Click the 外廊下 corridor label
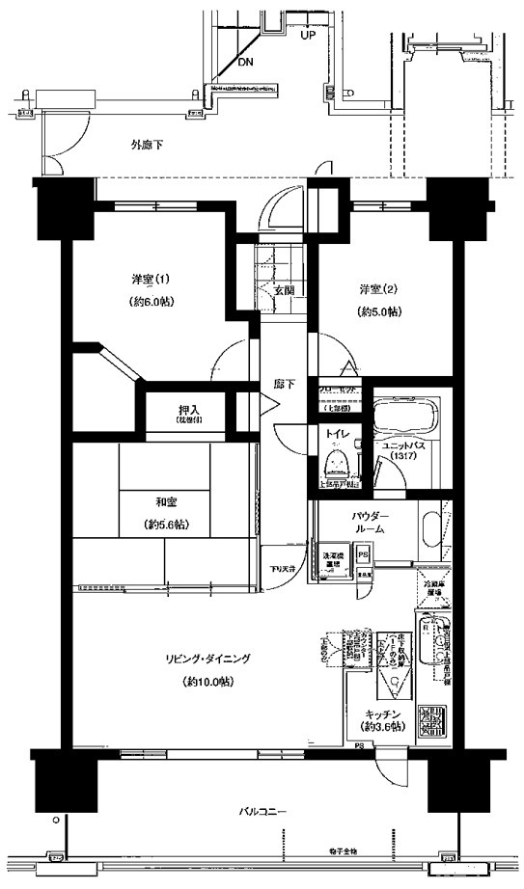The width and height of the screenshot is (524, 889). [x=147, y=146]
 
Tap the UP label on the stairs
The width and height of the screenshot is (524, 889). [x=308, y=35]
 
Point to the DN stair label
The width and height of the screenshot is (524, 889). [x=246, y=62]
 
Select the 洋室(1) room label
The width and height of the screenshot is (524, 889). [x=152, y=280]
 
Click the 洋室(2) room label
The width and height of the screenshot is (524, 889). [x=378, y=289]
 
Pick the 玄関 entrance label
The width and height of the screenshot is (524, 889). [x=283, y=289]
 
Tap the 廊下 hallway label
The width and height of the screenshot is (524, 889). [x=284, y=384]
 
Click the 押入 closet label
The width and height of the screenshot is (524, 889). [x=187, y=410]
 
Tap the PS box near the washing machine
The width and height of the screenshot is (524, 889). [x=363, y=556]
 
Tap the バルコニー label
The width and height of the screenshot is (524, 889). [x=262, y=811]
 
